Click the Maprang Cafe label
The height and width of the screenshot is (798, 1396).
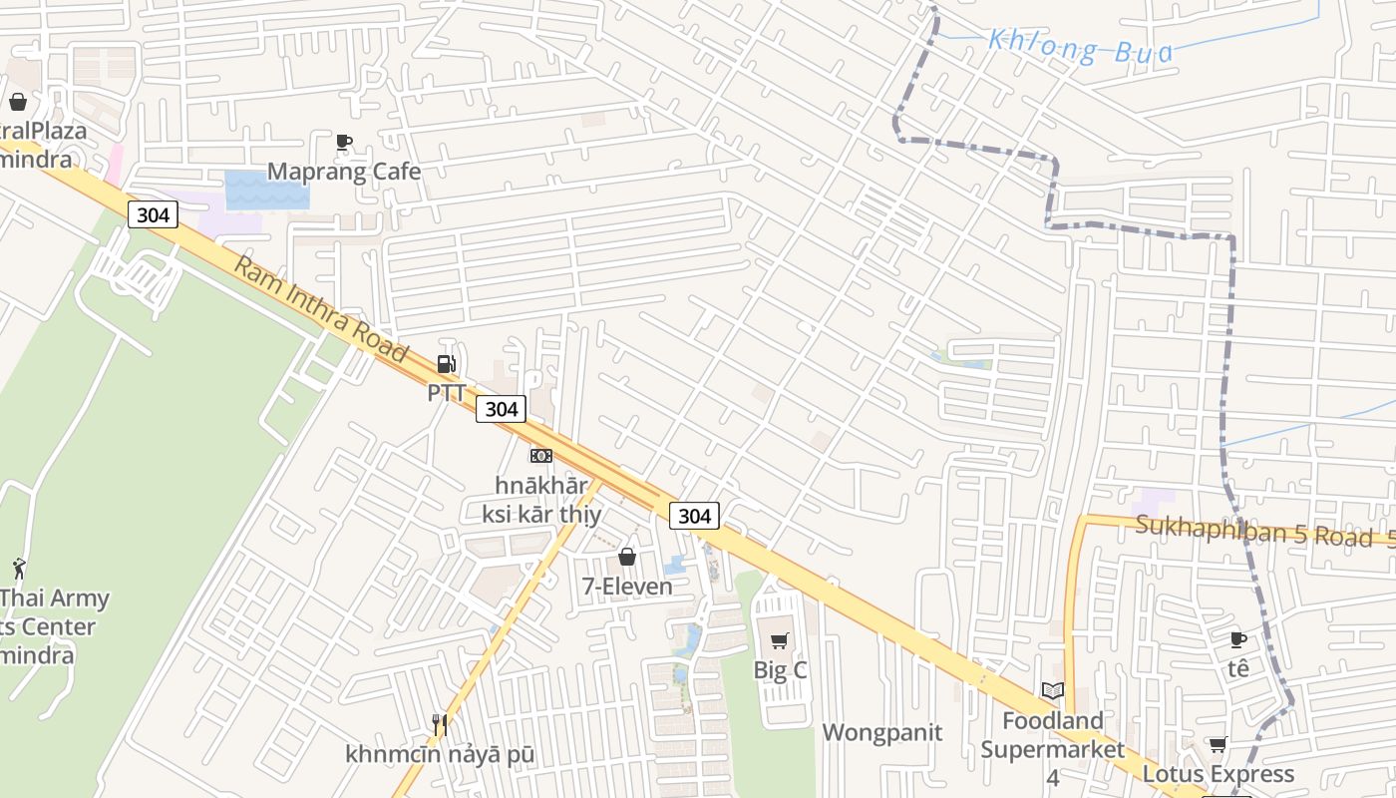pos(344,172)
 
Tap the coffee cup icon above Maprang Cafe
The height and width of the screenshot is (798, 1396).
pos(344,143)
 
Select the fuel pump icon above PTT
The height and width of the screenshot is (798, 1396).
pos(447,364)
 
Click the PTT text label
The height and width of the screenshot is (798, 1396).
pos(447,393)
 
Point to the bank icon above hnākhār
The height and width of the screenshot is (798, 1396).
pos(541,456)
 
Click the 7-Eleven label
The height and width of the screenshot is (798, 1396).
pos(627,587)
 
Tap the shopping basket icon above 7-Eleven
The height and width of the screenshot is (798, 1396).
pos(627,557)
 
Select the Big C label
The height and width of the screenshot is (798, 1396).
pos(780,670)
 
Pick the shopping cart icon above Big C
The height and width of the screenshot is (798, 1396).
pos(780,640)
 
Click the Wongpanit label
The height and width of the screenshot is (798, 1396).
pos(881,732)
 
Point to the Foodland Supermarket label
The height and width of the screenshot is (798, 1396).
pos(1053,735)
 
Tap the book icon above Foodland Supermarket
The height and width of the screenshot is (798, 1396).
pos(1053,690)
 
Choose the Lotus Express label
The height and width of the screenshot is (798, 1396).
pos(1218,774)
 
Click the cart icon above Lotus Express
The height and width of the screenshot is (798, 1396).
pos(1218,744)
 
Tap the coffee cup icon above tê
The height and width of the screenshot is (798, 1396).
pos(1238,639)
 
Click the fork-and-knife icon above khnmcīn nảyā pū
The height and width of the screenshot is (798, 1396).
pos(440,724)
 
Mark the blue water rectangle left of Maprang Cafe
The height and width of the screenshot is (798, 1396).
pos(267,190)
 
